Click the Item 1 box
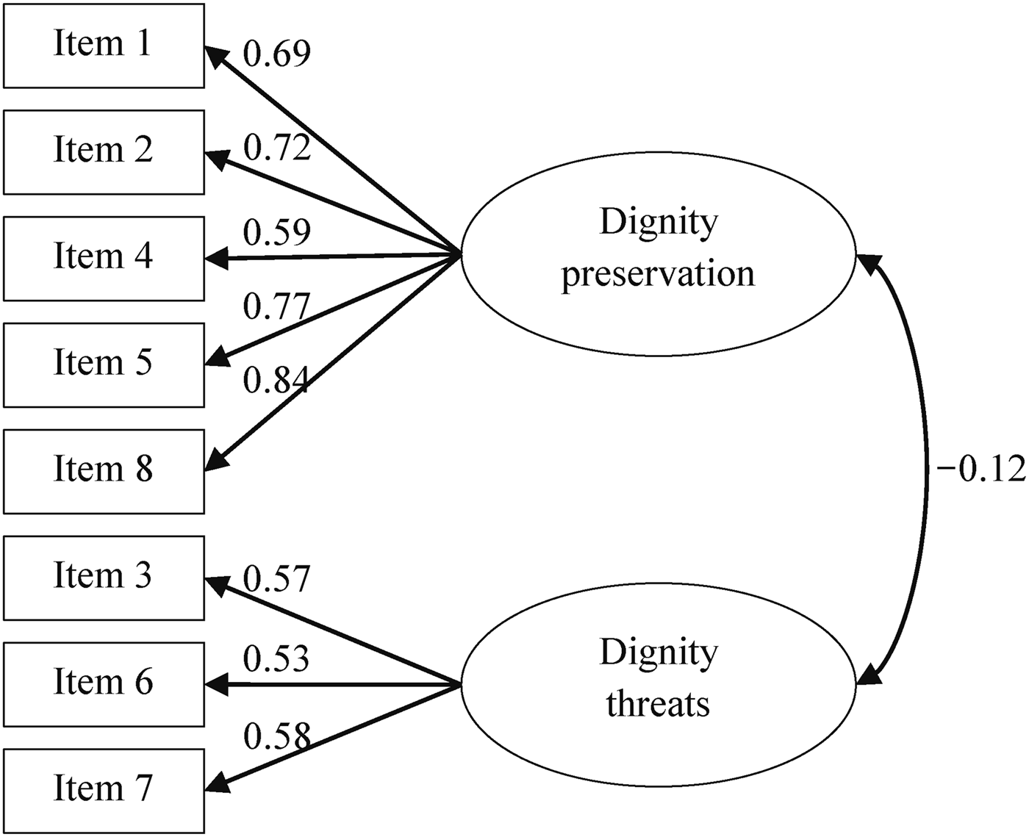click(104, 46)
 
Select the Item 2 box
click(104, 152)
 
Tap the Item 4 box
click(104, 259)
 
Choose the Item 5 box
click(104, 365)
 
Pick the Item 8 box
click(104, 471)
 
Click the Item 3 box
click(104, 578)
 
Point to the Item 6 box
click(104, 684)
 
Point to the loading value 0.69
click(277, 53)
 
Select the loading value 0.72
click(277, 148)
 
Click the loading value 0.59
click(277, 232)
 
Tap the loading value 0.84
click(277, 381)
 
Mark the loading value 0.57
click(277, 578)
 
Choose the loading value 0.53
click(277, 659)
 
